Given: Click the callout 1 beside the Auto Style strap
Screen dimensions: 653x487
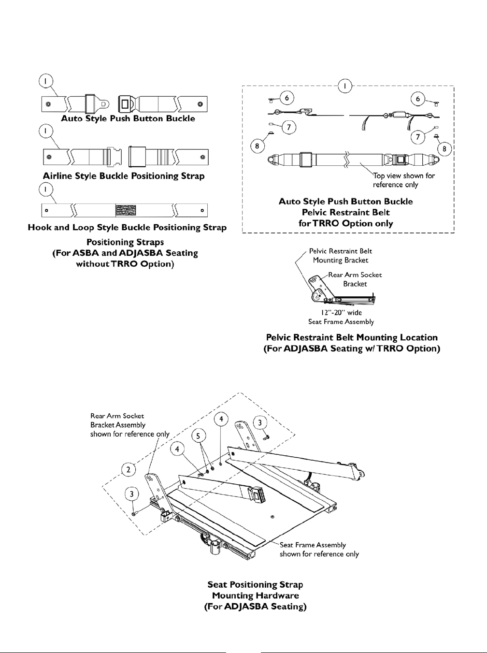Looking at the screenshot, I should click(x=45, y=82).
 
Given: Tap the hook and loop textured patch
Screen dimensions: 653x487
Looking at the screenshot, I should click(x=126, y=210).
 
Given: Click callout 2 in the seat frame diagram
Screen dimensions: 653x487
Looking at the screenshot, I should click(x=128, y=469).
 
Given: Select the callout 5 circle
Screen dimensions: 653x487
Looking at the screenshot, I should click(x=197, y=435).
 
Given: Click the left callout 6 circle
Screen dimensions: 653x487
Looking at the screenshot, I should click(x=286, y=98).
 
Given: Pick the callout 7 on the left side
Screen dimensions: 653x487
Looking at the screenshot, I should click(x=288, y=128).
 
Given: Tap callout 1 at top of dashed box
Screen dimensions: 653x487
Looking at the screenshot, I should click(x=345, y=86).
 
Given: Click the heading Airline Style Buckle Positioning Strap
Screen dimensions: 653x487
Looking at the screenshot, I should click(x=124, y=176).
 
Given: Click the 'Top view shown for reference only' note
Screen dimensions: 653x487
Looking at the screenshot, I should click(x=403, y=180).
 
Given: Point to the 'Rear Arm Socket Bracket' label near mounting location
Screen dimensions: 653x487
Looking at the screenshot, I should click(x=355, y=279).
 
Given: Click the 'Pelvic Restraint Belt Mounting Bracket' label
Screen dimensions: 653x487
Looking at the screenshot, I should click(x=340, y=255).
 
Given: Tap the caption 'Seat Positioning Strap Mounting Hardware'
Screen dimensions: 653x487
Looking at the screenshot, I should click(x=255, y=590).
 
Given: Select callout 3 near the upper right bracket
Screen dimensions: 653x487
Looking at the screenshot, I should click(x=260, y=422).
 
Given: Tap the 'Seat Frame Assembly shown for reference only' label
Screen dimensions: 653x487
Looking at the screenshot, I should click(x=319, y=549).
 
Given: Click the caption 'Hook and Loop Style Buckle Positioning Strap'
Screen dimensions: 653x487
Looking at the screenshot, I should click(x=127, y=227).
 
